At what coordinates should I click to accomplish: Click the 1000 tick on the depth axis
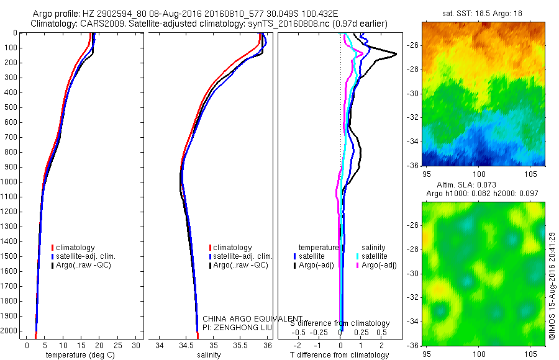click(11, 182)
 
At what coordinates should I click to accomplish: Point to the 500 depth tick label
click(11, 107)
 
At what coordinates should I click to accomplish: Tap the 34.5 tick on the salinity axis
click(186, 345)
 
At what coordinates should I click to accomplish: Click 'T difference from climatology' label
click(340, 355)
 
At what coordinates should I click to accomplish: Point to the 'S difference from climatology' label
click(340, 323)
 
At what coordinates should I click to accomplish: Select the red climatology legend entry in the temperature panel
click(75, 248)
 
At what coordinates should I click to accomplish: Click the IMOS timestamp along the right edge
click(552, 286)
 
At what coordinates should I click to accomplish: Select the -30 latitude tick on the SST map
click(412, 94)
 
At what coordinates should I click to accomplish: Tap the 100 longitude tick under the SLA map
click(478, 354)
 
